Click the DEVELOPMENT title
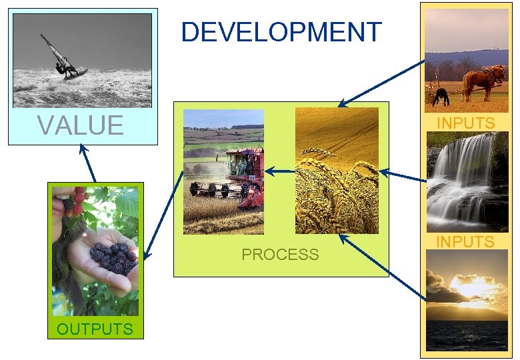(x=281, y=33)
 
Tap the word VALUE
(x=80, y=125)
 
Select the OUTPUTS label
(x=95, y=329)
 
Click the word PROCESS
(x=280, y=255)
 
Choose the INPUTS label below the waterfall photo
(x=465, y=241)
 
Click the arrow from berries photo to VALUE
(x=87, y=163)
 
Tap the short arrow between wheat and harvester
(x=280, y=172)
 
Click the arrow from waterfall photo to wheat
(x=403, y=176)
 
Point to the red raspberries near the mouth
(x=77, y=200)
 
